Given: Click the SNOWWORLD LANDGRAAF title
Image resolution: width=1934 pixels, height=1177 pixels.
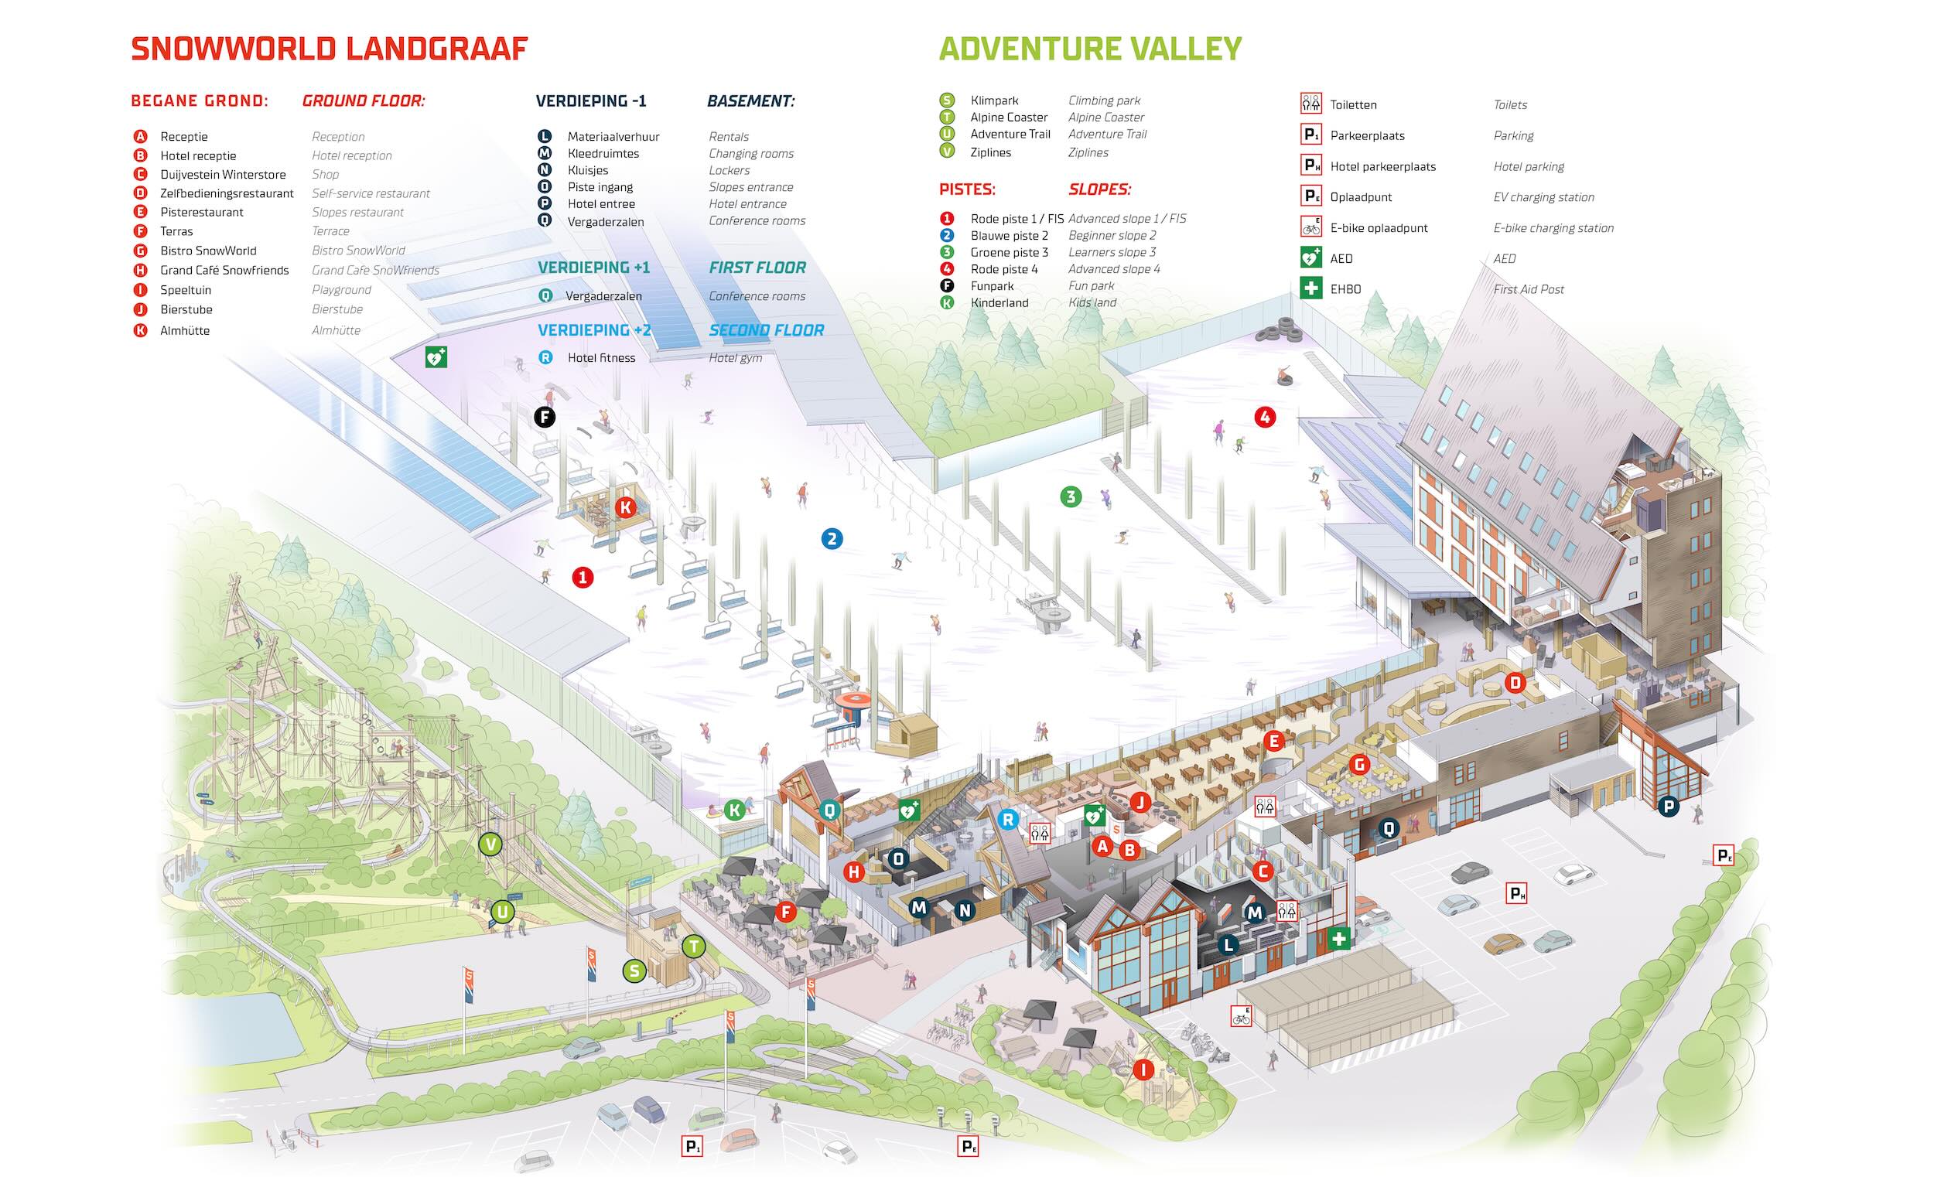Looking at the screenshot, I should click(x=329, y=49).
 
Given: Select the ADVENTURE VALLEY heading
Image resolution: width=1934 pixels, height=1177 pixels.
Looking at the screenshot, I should click(x=1089, y=49).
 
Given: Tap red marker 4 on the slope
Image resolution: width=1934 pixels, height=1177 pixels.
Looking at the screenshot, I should click(x=1265, y=417).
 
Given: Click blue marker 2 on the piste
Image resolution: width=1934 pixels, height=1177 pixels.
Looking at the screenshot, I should click(x=831, y=539).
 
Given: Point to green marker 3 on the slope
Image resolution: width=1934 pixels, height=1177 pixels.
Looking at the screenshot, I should click(x=1071, y=496).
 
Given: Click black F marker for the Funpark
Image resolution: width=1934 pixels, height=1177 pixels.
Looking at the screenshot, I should click(x=545, y=417).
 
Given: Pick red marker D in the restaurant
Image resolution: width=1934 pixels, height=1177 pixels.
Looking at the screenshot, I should click(x=1515, y=683).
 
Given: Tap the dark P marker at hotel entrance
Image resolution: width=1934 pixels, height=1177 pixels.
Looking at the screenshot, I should click(x=1668, y=806).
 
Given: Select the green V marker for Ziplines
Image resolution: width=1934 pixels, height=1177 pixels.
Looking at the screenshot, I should click(x=490, y=844).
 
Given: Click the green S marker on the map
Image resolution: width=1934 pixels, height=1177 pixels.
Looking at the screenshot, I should click(x=634, y=971).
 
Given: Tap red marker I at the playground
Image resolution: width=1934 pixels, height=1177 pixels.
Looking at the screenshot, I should click(x=1143, y=1070).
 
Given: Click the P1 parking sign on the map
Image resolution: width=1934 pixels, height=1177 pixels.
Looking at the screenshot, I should click(x=692, y=1147).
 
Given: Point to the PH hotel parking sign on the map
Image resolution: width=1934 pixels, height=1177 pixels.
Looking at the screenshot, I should click(x=1516, y=893).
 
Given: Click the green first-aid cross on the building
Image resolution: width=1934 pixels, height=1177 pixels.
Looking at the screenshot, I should click(x=1338, y=938).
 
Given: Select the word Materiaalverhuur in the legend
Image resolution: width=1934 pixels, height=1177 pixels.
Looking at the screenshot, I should click(x=613, y=137).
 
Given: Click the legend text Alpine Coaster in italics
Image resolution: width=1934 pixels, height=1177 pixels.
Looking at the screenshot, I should click(x=1106, y=117).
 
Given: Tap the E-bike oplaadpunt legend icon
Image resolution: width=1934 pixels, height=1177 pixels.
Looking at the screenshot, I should click(x=1310, y=227).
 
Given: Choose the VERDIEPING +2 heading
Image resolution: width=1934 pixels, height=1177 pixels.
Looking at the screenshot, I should click(x=594, y=330).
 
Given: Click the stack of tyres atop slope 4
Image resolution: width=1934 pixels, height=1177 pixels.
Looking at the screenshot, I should click(x=1279, y=329).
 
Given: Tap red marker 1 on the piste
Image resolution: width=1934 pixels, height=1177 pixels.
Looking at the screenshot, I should click(x=582, y=578).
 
